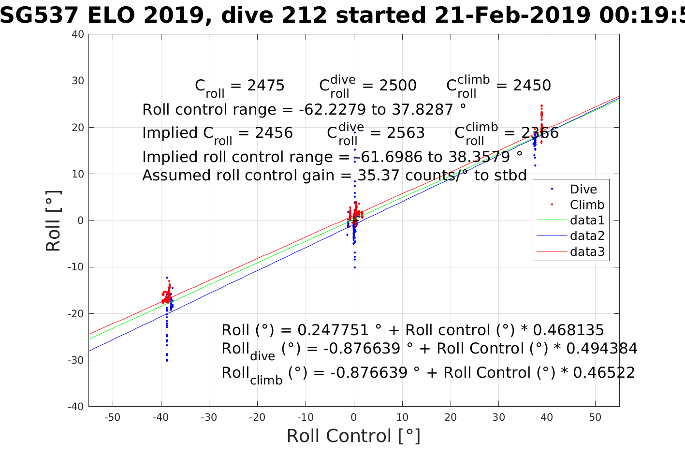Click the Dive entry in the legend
pyautogui.click(x=583, y=189)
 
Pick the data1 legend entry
pyautogui.click(x=587, y=221)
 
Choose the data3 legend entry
pyautogui.click(x=587, y=251)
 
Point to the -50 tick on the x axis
pyautogui.click(x=112, y=417)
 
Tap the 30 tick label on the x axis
pyautogui.click(x=498, y=417)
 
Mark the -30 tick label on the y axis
pyautogui.click(x=76, y=360)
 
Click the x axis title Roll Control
pyautogui.click(x=353, y=436)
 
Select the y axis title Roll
pyautogui.click(x=54, y=221)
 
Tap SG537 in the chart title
pyautogui.click(x=39, y=15)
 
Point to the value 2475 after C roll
pyautogui.click(x=266, y=86)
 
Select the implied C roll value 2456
pyautogui.click(x=274, y=133)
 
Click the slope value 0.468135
pyautogui.click(x=568, y=330)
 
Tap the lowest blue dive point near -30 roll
pyautogui.click(x=167, y=360)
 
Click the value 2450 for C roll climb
pyautogui.click(x=532, y=86)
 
